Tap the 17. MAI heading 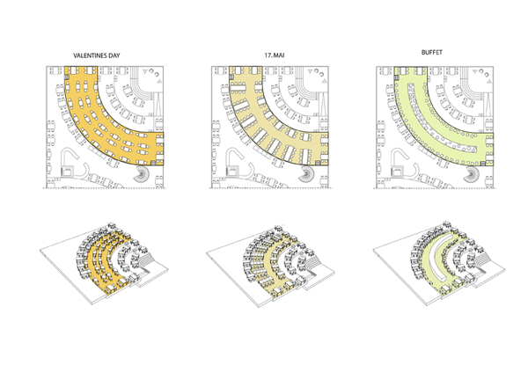[x=274, y=55]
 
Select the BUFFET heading [x=432, y=52]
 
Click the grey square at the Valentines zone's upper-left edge [x=66, y=77]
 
